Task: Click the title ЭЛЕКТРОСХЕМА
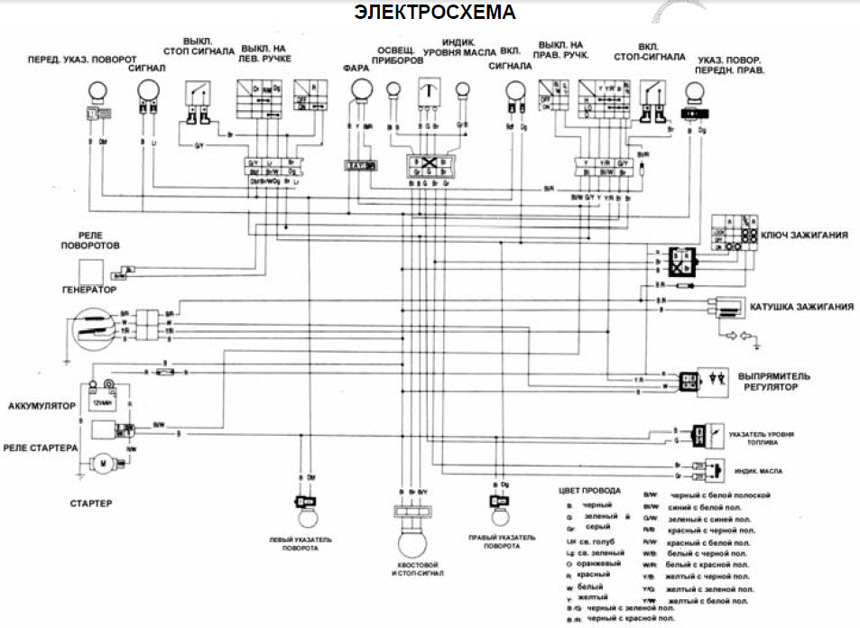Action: [435, 13]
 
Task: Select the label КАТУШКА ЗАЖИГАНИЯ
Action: [801, 307]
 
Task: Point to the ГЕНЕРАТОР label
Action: [89, 291]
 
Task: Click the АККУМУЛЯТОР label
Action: [40, 406]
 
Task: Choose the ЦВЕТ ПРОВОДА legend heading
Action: [591, 491]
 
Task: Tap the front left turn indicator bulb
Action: [95, 91]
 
